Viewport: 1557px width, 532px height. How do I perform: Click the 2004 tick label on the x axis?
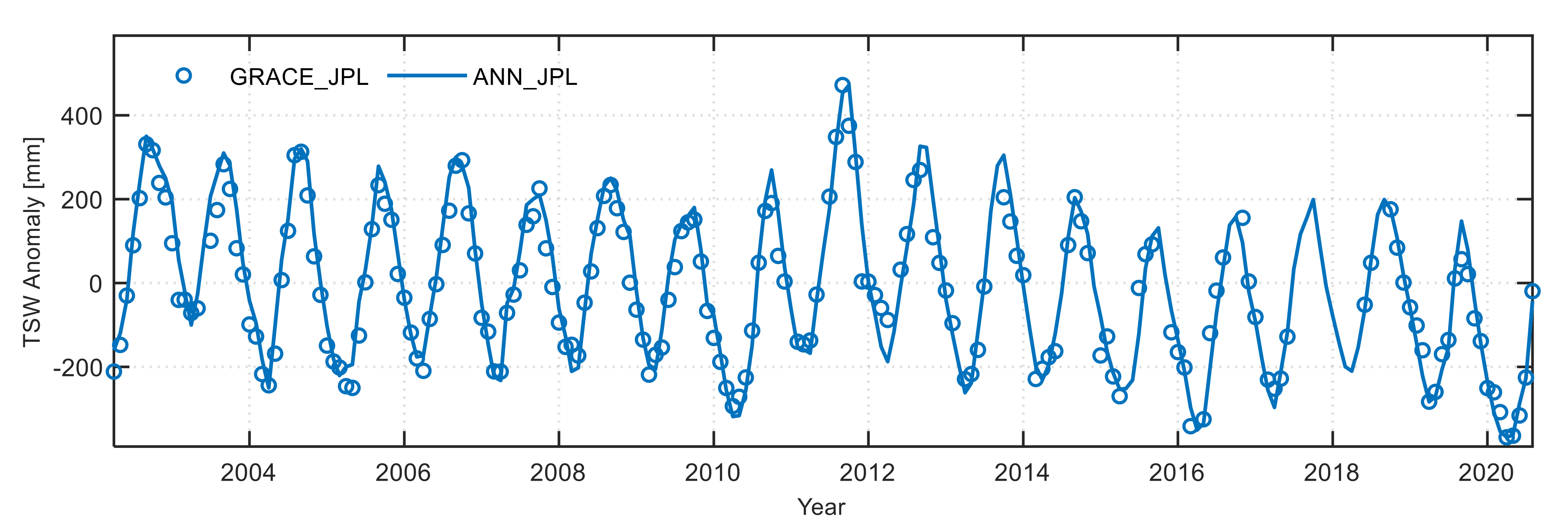click(248, 473)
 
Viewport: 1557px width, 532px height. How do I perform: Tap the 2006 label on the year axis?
click(403, 473)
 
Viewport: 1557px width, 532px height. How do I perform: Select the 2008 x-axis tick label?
click(557, 473)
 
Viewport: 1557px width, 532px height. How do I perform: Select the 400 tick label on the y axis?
click(82, 116)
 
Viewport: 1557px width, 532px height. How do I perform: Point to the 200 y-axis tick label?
click(82, 200)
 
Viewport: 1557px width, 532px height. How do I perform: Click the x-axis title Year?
click(821, 507)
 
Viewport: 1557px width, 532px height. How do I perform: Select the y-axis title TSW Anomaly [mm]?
click(33, 242)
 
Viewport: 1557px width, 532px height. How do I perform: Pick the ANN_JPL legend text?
click(525, 77)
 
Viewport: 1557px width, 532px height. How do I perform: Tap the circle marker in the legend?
click(184, 75)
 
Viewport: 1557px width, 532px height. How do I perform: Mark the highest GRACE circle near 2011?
click(842, 85)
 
